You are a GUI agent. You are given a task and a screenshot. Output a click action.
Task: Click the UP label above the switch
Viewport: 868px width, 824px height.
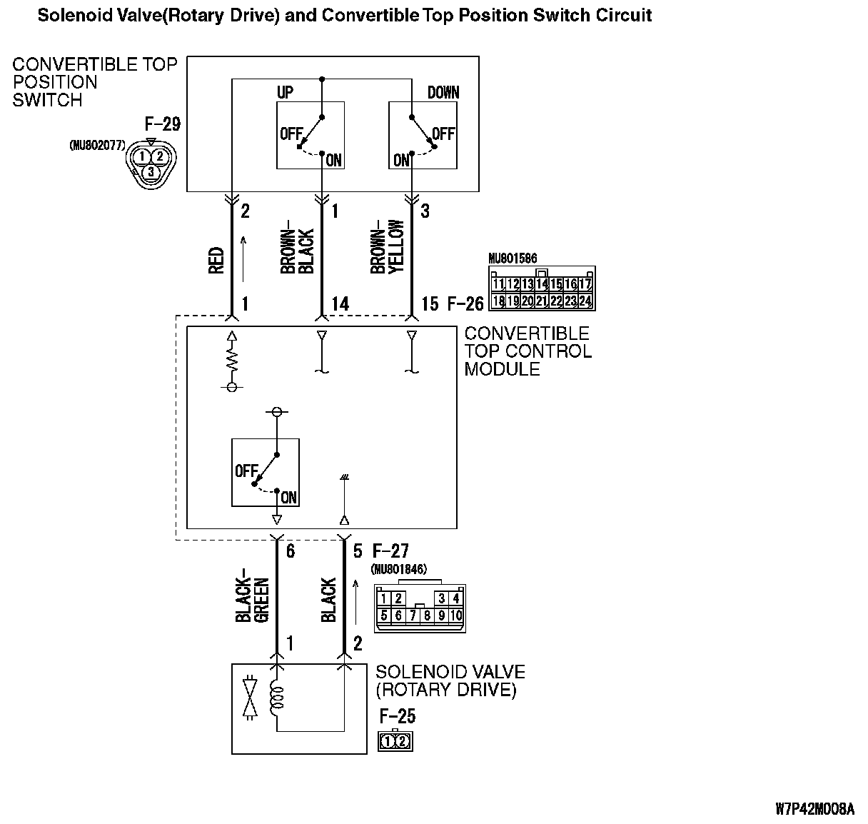(284, 93)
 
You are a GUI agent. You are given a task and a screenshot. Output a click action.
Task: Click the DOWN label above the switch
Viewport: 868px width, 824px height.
(443, 93)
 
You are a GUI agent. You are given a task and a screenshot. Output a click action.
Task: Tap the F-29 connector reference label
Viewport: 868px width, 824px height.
(162, 124)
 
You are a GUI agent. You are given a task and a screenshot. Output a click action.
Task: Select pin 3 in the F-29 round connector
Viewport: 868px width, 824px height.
(151, 171)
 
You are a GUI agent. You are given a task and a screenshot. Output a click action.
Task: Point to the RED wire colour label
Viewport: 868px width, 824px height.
(217, 261)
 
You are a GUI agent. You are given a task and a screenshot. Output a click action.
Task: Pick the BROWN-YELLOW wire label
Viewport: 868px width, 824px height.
(388, 246)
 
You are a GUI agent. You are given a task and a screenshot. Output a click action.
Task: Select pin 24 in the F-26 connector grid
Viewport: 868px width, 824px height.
(585, 301)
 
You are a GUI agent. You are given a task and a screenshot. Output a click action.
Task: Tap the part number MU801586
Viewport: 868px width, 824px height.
(513, 258)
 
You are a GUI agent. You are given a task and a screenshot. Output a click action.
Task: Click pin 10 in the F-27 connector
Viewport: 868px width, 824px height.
(455, 616)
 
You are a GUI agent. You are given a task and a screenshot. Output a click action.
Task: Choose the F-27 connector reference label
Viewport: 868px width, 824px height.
(390, 551)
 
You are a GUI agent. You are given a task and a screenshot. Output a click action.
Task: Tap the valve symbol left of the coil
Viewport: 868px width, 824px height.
(250, 696)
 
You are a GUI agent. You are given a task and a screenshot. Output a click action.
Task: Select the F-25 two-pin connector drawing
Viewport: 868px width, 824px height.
(395, 741)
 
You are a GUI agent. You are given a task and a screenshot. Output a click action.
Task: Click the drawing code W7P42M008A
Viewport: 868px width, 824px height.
(814, 809)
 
